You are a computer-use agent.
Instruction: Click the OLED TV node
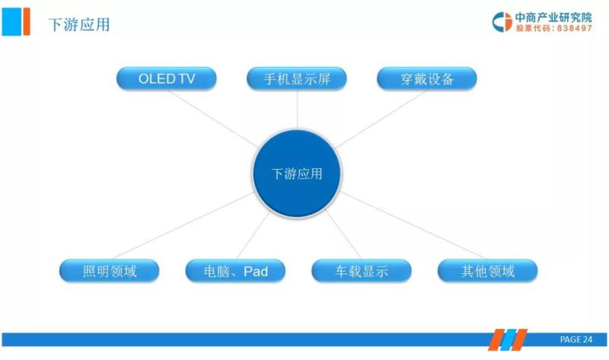(166, 78)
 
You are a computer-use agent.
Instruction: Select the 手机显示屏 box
(297, 78)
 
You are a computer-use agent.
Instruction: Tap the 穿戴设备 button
(427, 78)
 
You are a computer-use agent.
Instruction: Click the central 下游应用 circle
(297, 174)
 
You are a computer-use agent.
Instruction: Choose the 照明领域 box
(110, 271)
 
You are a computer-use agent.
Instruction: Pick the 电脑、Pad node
(236, 271)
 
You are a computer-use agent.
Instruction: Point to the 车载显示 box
(362, 271)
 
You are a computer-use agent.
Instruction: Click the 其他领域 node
(487, 271)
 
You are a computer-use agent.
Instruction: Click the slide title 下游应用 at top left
(79, 24)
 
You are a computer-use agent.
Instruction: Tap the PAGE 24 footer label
(576, 339)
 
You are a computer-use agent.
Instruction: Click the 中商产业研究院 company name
(553, 17)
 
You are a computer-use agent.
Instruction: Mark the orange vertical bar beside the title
(27, 21)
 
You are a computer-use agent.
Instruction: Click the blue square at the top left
(11, 21)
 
